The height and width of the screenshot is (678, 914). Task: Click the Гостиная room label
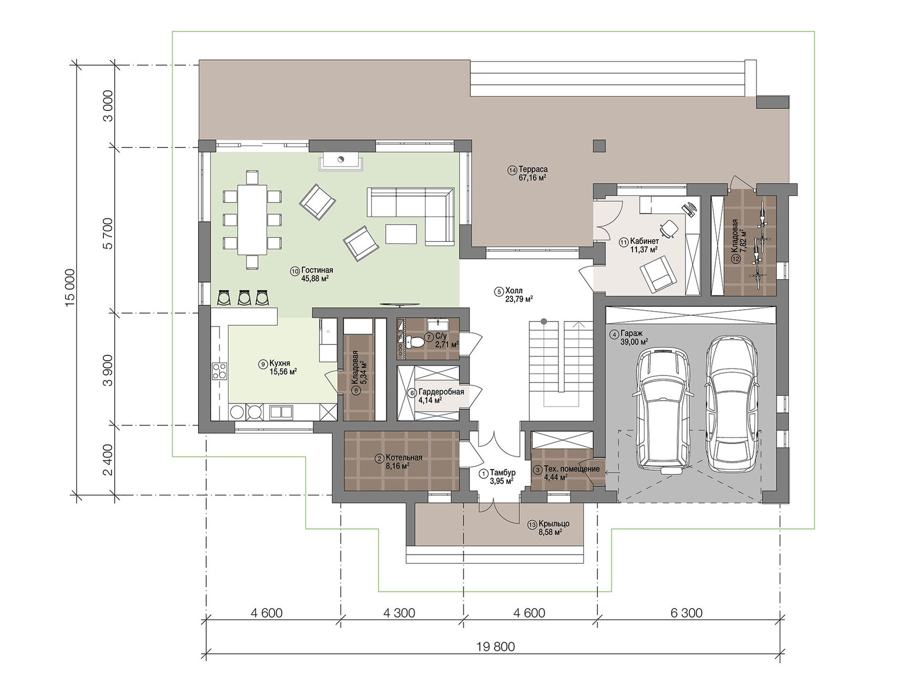tap(317, 270)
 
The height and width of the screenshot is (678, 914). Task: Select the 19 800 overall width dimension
tap(496, 646)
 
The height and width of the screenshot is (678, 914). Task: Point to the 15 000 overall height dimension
tap(70, 288)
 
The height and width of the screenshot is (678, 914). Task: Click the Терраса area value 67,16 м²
tap(533, 178)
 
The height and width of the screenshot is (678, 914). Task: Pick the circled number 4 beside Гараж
tap(614, 334)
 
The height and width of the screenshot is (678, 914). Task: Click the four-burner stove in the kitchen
tap(219, 371)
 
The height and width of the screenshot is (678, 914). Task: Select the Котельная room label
tap(404, 458)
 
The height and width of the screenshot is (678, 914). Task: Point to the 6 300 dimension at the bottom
tap(687, 613)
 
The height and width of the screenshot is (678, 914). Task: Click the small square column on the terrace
tap(599, 146)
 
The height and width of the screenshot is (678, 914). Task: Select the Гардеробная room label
tap(441, 392)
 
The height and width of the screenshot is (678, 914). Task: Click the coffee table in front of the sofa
tap(401, 233)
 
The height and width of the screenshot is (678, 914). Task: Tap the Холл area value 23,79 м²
tap(519, 300)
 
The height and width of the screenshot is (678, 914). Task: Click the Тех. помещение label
tap(572, 469)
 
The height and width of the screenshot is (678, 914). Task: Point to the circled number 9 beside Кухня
tap(262, 364)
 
